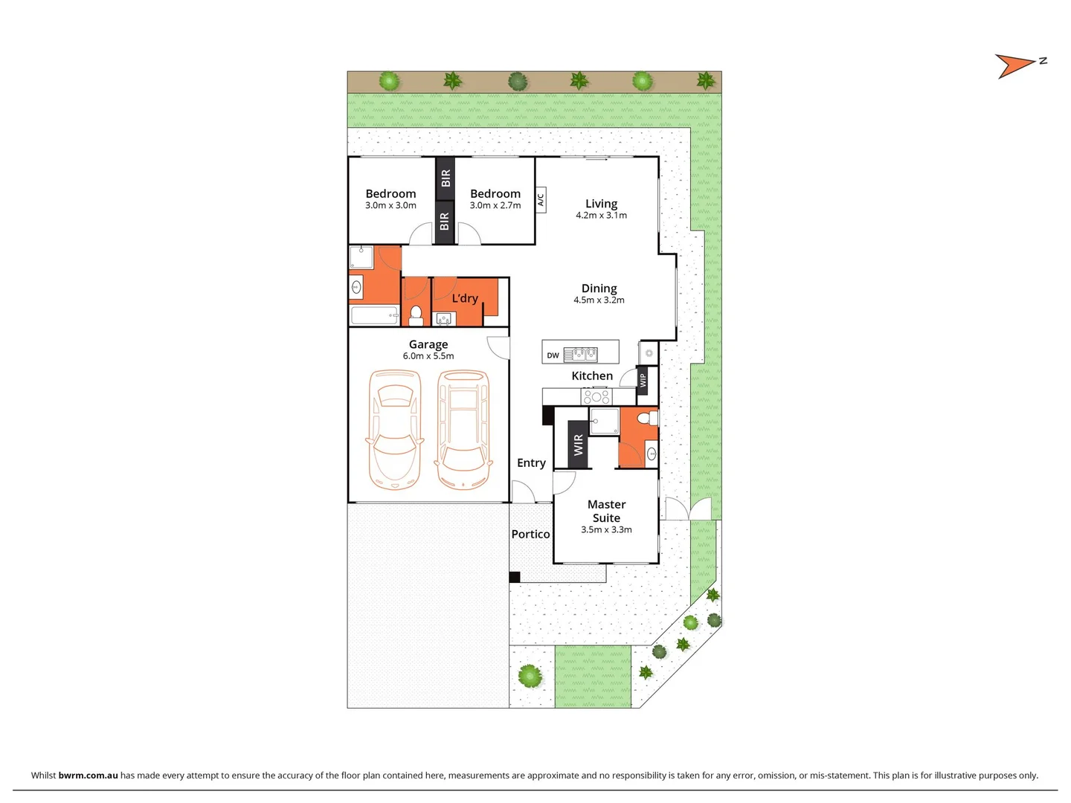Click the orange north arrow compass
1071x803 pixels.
(1014, 65)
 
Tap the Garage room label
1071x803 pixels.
(428, 344)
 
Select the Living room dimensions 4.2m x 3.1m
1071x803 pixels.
(601, 216)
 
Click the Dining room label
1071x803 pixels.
(599, 288)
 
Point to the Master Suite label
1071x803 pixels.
(606, 511)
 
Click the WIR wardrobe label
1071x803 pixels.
(579, 445)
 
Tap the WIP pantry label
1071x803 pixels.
(643, 380)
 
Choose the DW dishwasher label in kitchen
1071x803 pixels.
(553, 355)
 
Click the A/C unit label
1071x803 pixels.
(541, 199)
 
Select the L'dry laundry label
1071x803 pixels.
(465, 298)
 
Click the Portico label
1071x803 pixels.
(530, 534)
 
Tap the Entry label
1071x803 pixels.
(531, 462)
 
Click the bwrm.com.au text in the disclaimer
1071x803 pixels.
(88, 775)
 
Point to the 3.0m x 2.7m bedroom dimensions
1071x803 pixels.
(495, 206)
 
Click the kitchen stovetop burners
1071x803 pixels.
(596, 396)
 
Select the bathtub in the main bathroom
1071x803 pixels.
(375, 316)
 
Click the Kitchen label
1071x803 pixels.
(592, 376)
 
